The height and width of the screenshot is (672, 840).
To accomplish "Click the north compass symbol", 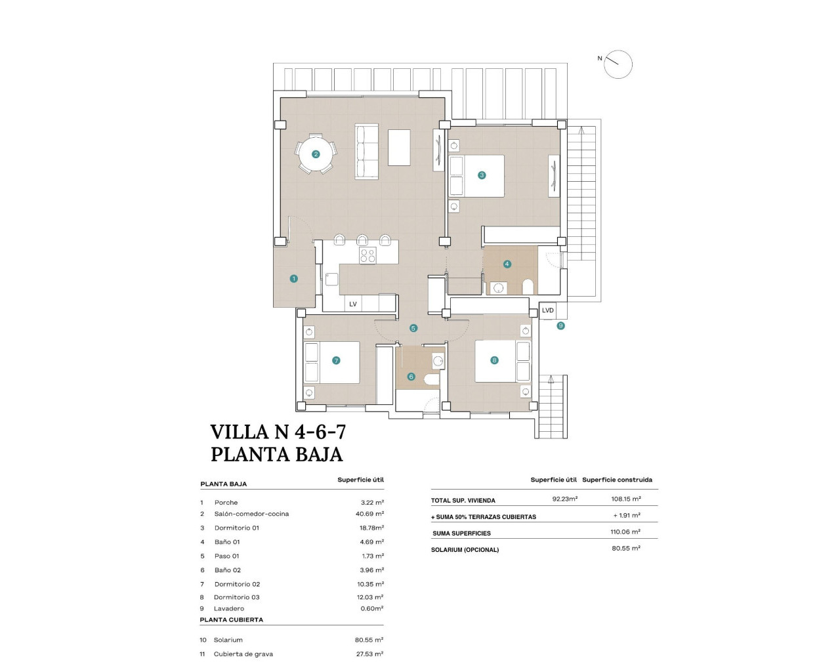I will (618, 64).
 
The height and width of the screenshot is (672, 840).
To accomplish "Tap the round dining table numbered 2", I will (316, 155).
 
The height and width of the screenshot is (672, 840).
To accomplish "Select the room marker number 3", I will (482, 175).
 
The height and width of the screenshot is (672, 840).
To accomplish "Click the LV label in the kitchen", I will (353, 304).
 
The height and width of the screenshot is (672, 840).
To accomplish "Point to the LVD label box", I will (548, 310).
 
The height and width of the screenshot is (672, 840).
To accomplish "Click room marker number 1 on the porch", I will (293, 279).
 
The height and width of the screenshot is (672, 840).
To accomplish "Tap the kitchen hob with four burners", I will (367, 255).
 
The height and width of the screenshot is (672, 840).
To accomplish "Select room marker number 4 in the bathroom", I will (507, 264).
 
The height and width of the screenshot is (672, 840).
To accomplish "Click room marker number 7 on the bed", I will (336, 360).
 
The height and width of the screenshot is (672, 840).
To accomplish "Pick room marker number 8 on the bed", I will (494, 360).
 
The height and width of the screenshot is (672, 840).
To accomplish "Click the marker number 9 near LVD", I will (560, 325).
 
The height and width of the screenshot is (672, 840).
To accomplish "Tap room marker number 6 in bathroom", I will (411, 377).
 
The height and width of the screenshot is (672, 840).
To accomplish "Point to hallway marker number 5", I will (413, 328).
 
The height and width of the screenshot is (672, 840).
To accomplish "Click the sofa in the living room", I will (367, 151).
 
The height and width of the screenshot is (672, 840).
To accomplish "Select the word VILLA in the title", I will (240, 432).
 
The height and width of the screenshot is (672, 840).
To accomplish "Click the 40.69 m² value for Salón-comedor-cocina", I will (369, 514).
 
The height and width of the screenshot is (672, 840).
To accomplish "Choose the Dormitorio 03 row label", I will (236, 597).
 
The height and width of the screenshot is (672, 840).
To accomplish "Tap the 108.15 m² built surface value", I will (625, 499).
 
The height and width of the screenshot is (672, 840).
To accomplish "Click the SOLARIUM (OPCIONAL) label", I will (465, 550).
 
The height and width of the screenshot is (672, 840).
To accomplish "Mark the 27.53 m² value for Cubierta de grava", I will (369, 654).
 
